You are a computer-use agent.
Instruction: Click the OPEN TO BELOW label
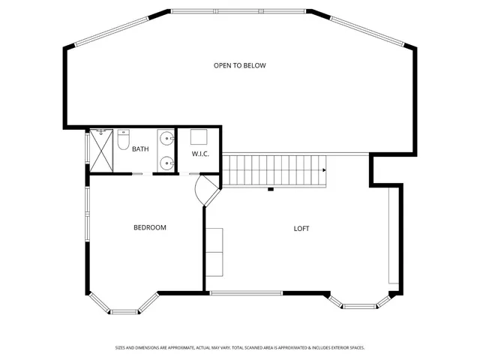point(239,65)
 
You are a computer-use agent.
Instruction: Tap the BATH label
point(140,149)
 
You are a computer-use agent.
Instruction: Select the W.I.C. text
point(199,154)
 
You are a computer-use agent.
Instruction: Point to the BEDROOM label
point(149,228)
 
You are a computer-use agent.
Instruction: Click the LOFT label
point(301,229)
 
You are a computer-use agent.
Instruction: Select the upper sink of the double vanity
point(166,138)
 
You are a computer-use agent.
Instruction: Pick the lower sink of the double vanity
point(166,161)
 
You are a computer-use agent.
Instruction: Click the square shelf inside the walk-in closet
point(199,137)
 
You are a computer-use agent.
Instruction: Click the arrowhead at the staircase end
point(324,171)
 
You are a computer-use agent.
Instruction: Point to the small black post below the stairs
point(270,189)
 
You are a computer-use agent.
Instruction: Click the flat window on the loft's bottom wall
point(245,292)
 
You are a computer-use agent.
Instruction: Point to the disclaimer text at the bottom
point(239,347)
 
